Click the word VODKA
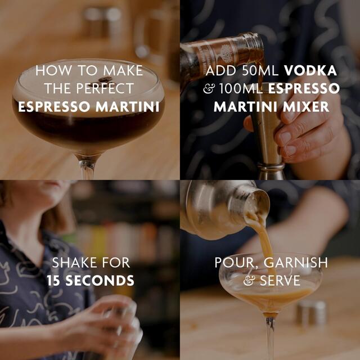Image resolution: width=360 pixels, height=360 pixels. click(310, 71)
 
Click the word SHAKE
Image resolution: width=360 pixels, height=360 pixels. click(73, 262)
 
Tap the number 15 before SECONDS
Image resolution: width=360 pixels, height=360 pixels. click(55, 280)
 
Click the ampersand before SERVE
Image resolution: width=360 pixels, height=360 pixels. click(247, 280)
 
